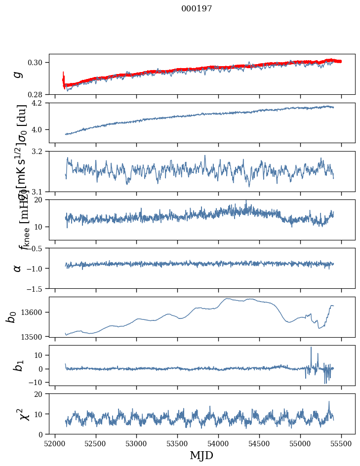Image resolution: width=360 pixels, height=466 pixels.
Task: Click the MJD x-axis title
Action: coord(201,455)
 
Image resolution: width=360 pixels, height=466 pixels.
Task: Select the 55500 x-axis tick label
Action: coord(342,444)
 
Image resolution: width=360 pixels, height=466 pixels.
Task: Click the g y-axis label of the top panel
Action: coord(18,74)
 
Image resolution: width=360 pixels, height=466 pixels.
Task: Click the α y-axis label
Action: coord(18,268)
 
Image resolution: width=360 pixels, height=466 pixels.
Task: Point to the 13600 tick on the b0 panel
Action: coord(35,312)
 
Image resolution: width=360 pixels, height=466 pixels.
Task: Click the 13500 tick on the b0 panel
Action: coord(35,336)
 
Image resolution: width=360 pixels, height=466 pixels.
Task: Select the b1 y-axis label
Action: coord(18,365)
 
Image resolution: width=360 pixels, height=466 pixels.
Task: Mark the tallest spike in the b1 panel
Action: coord(311,348)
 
